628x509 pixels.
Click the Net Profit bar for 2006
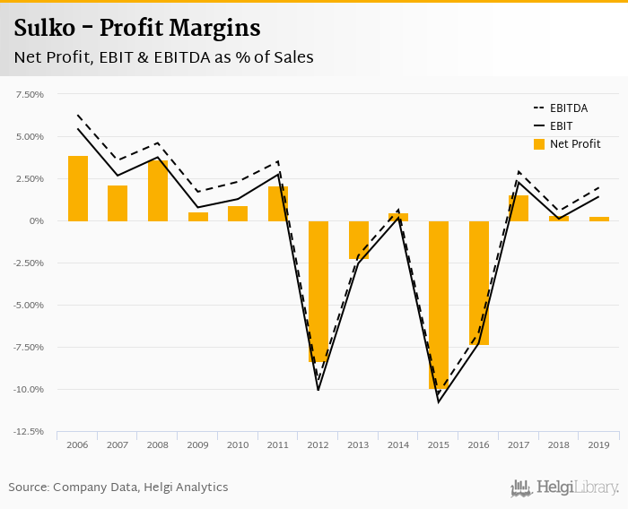coord(78,188)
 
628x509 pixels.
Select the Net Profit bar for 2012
coord(318,291)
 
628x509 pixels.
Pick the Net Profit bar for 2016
coord(479,282)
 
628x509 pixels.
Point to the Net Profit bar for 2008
coord(158,191)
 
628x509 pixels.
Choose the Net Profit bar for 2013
coord(359,240)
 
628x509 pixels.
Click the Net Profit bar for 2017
coord(519,208)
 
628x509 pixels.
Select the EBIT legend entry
coord(560,126)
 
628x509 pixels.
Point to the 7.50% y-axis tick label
coord(30,94)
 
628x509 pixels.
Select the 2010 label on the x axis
coord(238,445)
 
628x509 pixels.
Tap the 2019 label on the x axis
coord(599,445)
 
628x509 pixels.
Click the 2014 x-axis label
coord(398,445)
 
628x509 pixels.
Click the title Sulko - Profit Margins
coord(136,29)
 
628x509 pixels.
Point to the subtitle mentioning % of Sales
coord(163,57)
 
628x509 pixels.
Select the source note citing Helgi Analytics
coord(118,487)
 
